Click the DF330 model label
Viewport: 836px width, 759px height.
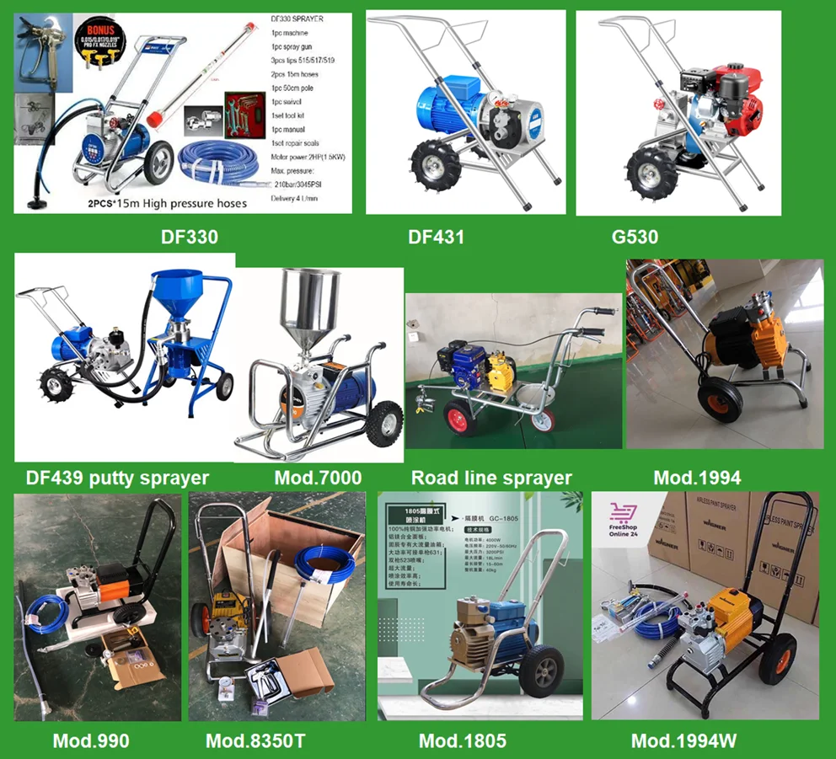[190, 237]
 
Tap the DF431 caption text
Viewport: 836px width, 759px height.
[436, 238]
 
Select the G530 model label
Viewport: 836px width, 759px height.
[635, 238]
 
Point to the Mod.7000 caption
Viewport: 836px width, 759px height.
[318, 478]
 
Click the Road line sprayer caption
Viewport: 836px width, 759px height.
[491, 478]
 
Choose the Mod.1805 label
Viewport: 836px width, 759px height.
[463, 741]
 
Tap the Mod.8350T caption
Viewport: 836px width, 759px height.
[255, 741]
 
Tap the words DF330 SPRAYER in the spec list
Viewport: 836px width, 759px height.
[296, 19]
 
